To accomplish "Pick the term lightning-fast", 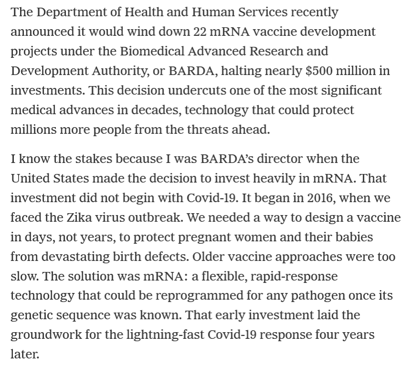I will pos(167,335).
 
